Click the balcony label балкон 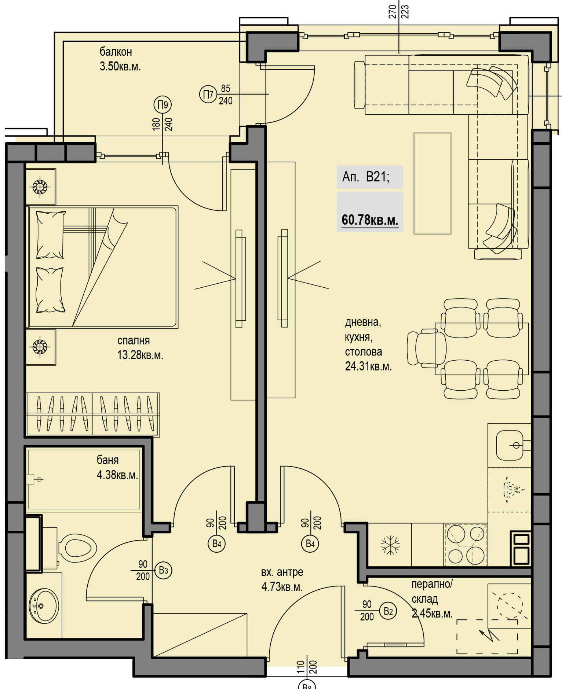[116, 52]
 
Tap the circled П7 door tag [208, 95]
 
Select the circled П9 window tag [163, 105]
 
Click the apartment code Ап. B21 [366, 177]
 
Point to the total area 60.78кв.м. [370, 220]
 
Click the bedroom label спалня [134, 340]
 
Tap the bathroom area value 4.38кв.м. [117, 475]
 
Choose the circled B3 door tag [163, 570]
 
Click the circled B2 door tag [388, 611]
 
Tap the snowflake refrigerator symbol [390, 545]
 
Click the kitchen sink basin [510, 445]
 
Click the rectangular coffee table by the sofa [433, 183]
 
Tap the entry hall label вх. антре [282, 572]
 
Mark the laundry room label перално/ [432, 584]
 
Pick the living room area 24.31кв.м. [368, 366]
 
